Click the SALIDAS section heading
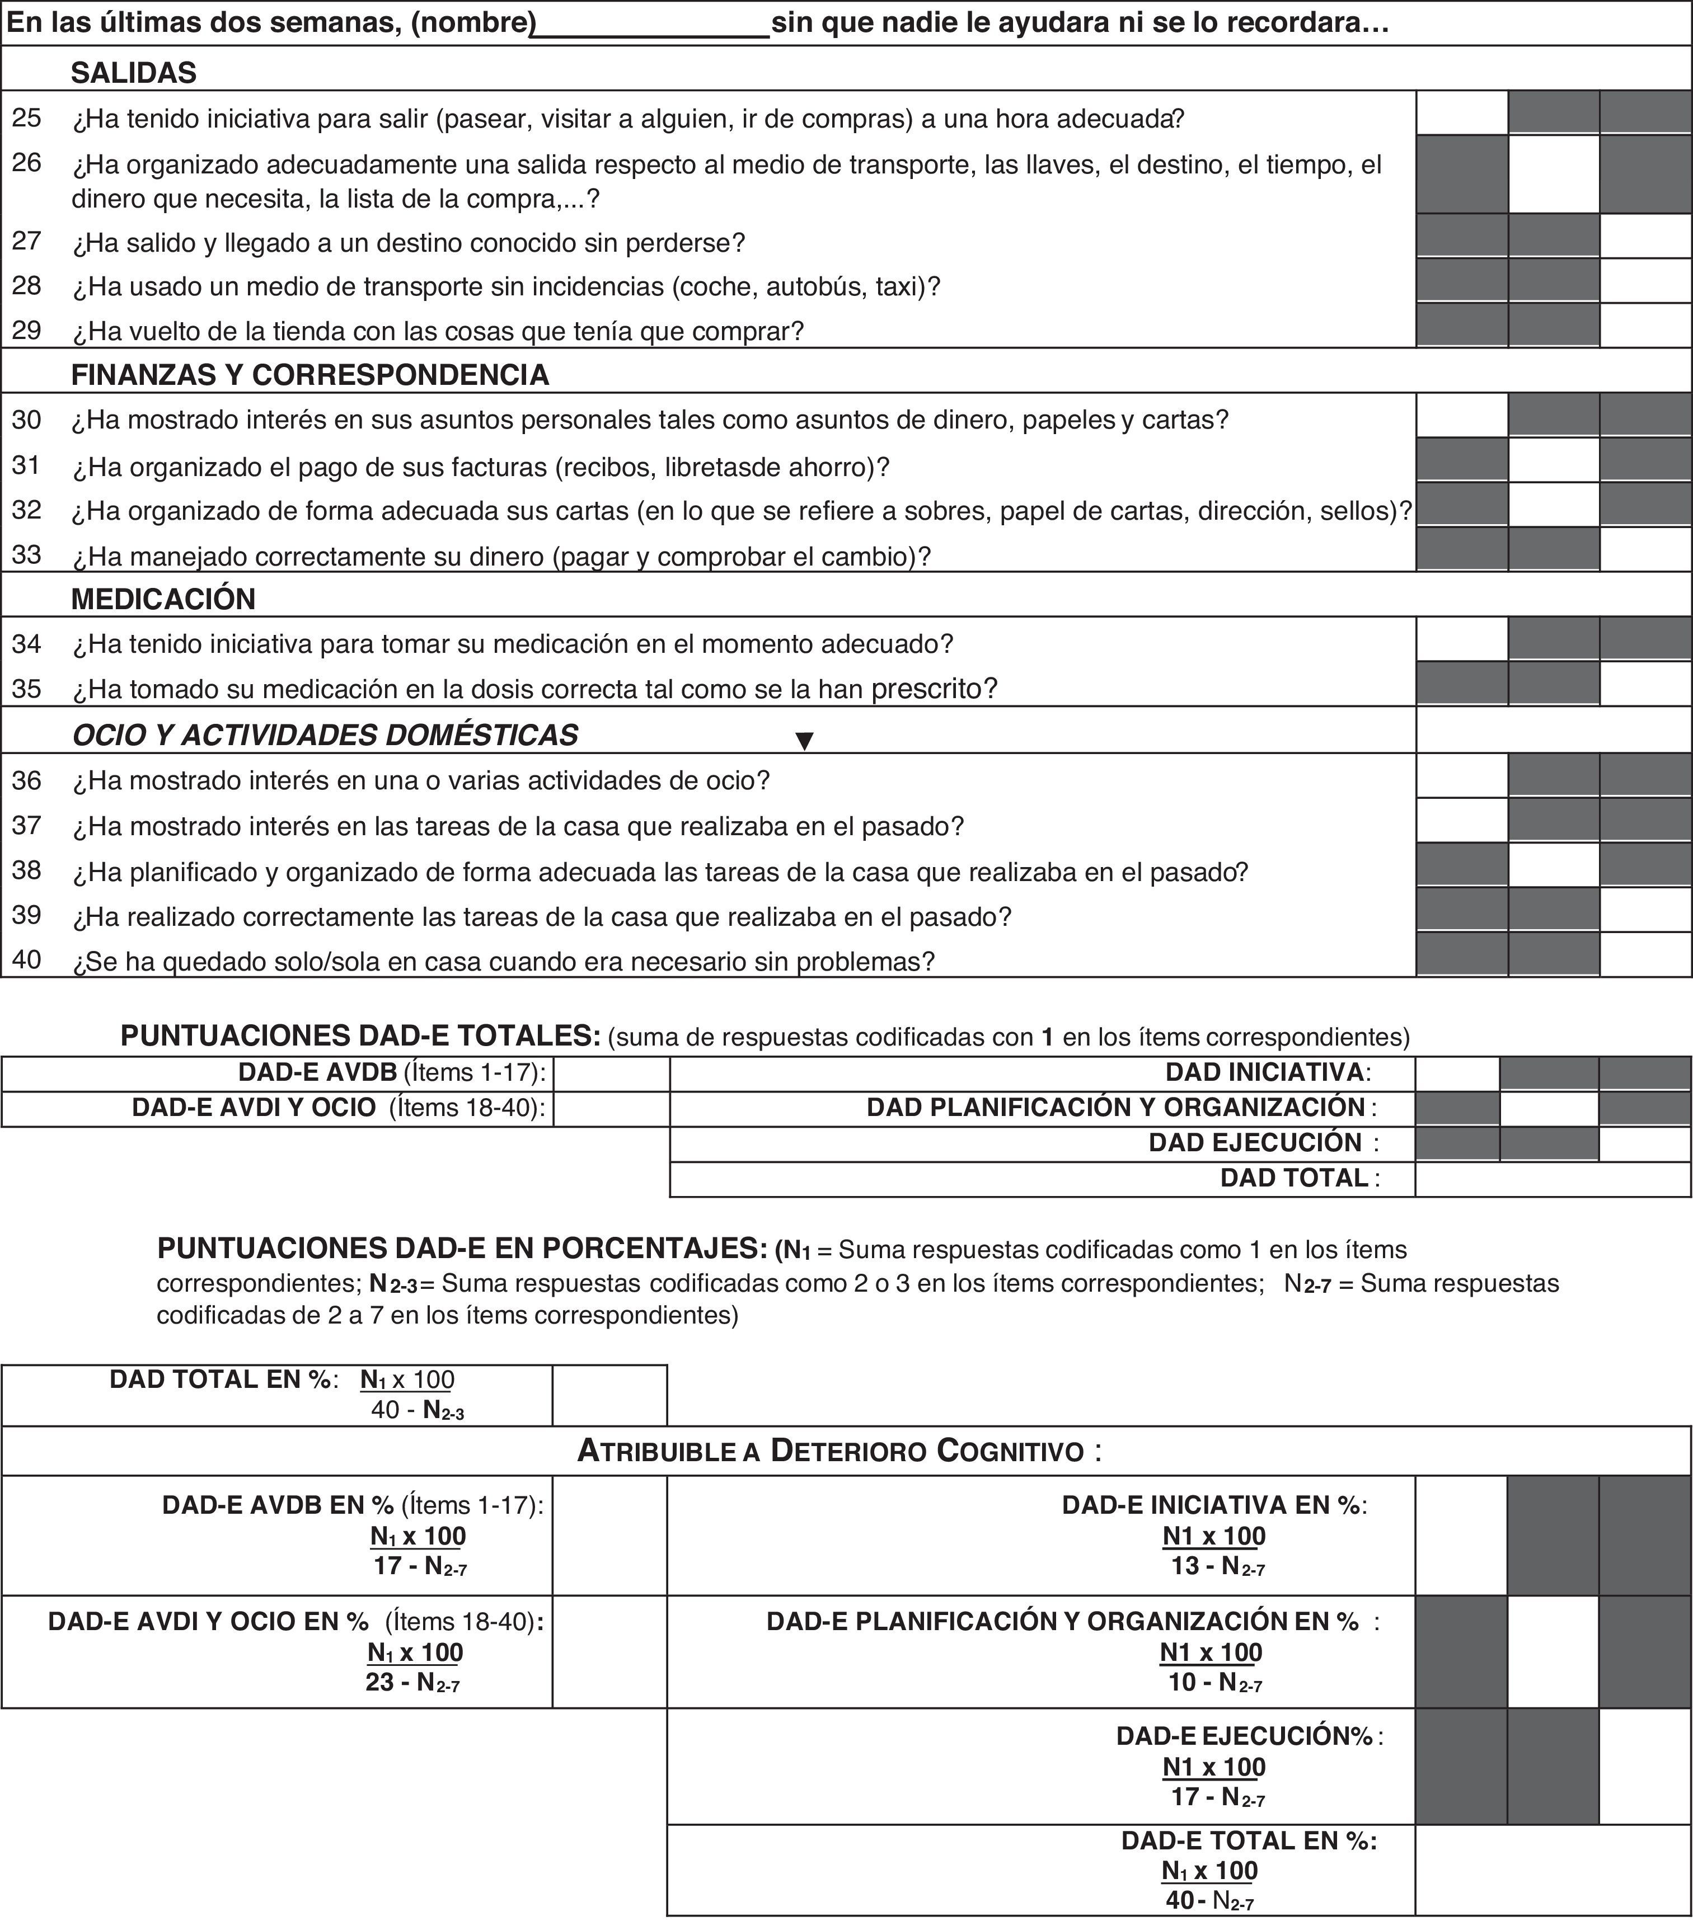coord(134,72)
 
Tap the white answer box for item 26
coord(1553,175)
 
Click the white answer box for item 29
coord(1645,325)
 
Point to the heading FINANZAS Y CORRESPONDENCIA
coord(310,374)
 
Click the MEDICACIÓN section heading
coord(163,599)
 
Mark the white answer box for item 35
coord(1645,683)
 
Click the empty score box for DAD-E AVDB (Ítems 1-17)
coord(611,1073)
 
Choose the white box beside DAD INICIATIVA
coord(1457,1073)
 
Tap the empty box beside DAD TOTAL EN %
coord(609,1395)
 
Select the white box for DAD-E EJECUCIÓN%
coord(1645,1766)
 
